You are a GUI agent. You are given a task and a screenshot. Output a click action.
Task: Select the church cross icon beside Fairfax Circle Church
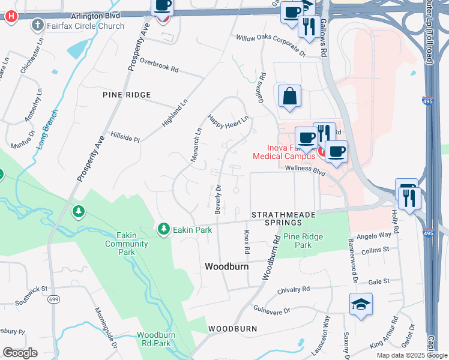(38, 25)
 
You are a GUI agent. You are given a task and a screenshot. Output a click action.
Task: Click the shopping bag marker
(289, 96)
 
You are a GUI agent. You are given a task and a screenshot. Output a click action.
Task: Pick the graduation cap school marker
(361, 305)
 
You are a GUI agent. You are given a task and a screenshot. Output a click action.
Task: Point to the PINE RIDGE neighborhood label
(127, 95)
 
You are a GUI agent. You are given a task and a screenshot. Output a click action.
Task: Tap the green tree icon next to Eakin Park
(163, 229)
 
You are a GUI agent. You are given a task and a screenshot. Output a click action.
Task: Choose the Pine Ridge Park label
(303, 241)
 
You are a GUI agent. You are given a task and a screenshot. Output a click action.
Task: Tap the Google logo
(20, 353)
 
